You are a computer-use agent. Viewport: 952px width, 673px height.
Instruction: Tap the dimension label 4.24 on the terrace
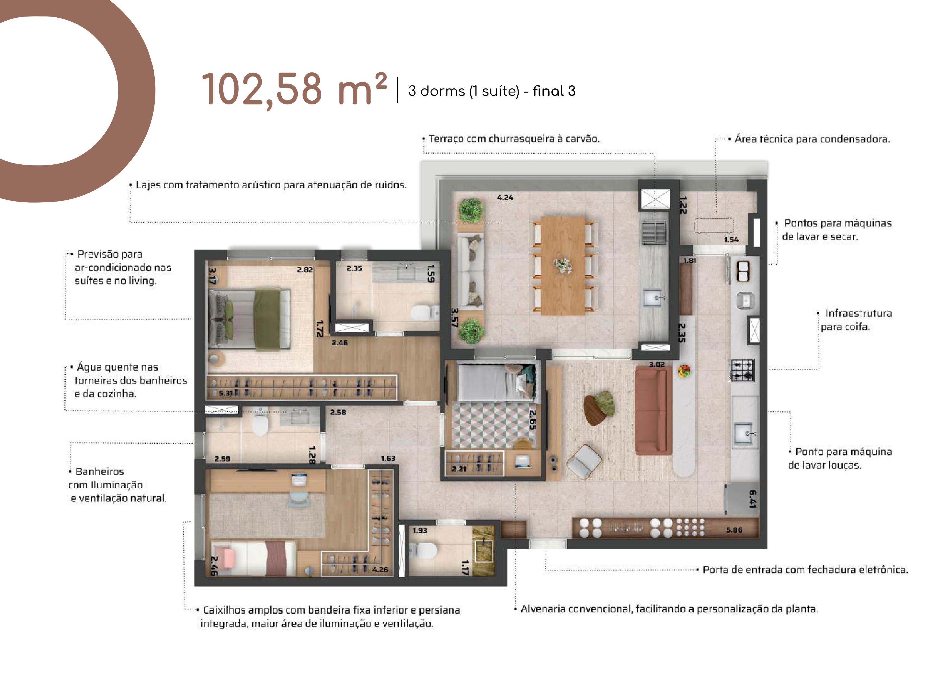pos(505,198)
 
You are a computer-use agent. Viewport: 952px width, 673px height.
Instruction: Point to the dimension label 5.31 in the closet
pos(226,393)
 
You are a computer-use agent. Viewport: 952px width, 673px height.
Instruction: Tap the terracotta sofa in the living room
pos(653,410)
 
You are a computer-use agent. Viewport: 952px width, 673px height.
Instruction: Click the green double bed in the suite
pos(249,319)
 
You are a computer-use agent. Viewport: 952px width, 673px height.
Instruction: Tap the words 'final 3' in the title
pos(554,91)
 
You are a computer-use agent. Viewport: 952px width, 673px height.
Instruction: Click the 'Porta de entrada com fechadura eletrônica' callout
pos(805,570)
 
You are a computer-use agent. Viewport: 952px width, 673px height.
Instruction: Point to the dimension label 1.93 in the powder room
pos(420,530)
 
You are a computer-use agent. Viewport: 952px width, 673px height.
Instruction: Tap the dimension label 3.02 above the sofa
pos(657,365)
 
